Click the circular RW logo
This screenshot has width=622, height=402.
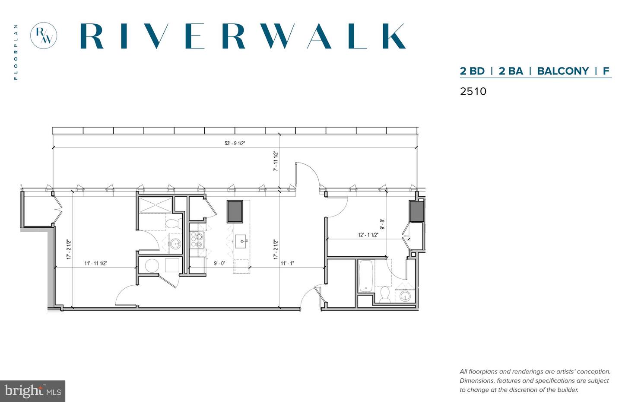(44, 36)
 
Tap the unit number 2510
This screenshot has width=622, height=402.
(473, 91)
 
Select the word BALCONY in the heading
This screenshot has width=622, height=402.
(563, 71)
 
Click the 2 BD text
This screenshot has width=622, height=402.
(472, 71)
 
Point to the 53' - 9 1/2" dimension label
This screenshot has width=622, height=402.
(235, 144)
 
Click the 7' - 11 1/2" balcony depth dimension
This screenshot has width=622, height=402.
(276, 161)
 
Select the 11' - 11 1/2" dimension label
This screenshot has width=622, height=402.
(95, 263)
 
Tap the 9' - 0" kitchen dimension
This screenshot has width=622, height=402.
(219, 263)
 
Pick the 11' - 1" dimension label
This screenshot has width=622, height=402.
(287, 263)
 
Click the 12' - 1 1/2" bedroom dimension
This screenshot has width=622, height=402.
(368, 235)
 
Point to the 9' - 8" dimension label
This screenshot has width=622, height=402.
(383, 224)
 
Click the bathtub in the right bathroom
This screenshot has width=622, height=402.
(365, 276)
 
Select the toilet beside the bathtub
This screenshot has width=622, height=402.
(385, 295)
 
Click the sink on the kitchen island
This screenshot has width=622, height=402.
(241, 242)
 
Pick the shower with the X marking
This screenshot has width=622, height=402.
(155, 205)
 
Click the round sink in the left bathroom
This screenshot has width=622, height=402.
(175, 244)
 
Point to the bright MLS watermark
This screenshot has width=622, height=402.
(32, 391)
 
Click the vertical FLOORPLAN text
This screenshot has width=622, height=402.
(16, 52)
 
